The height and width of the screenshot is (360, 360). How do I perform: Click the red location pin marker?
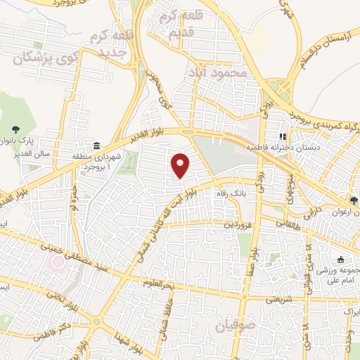181,165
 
